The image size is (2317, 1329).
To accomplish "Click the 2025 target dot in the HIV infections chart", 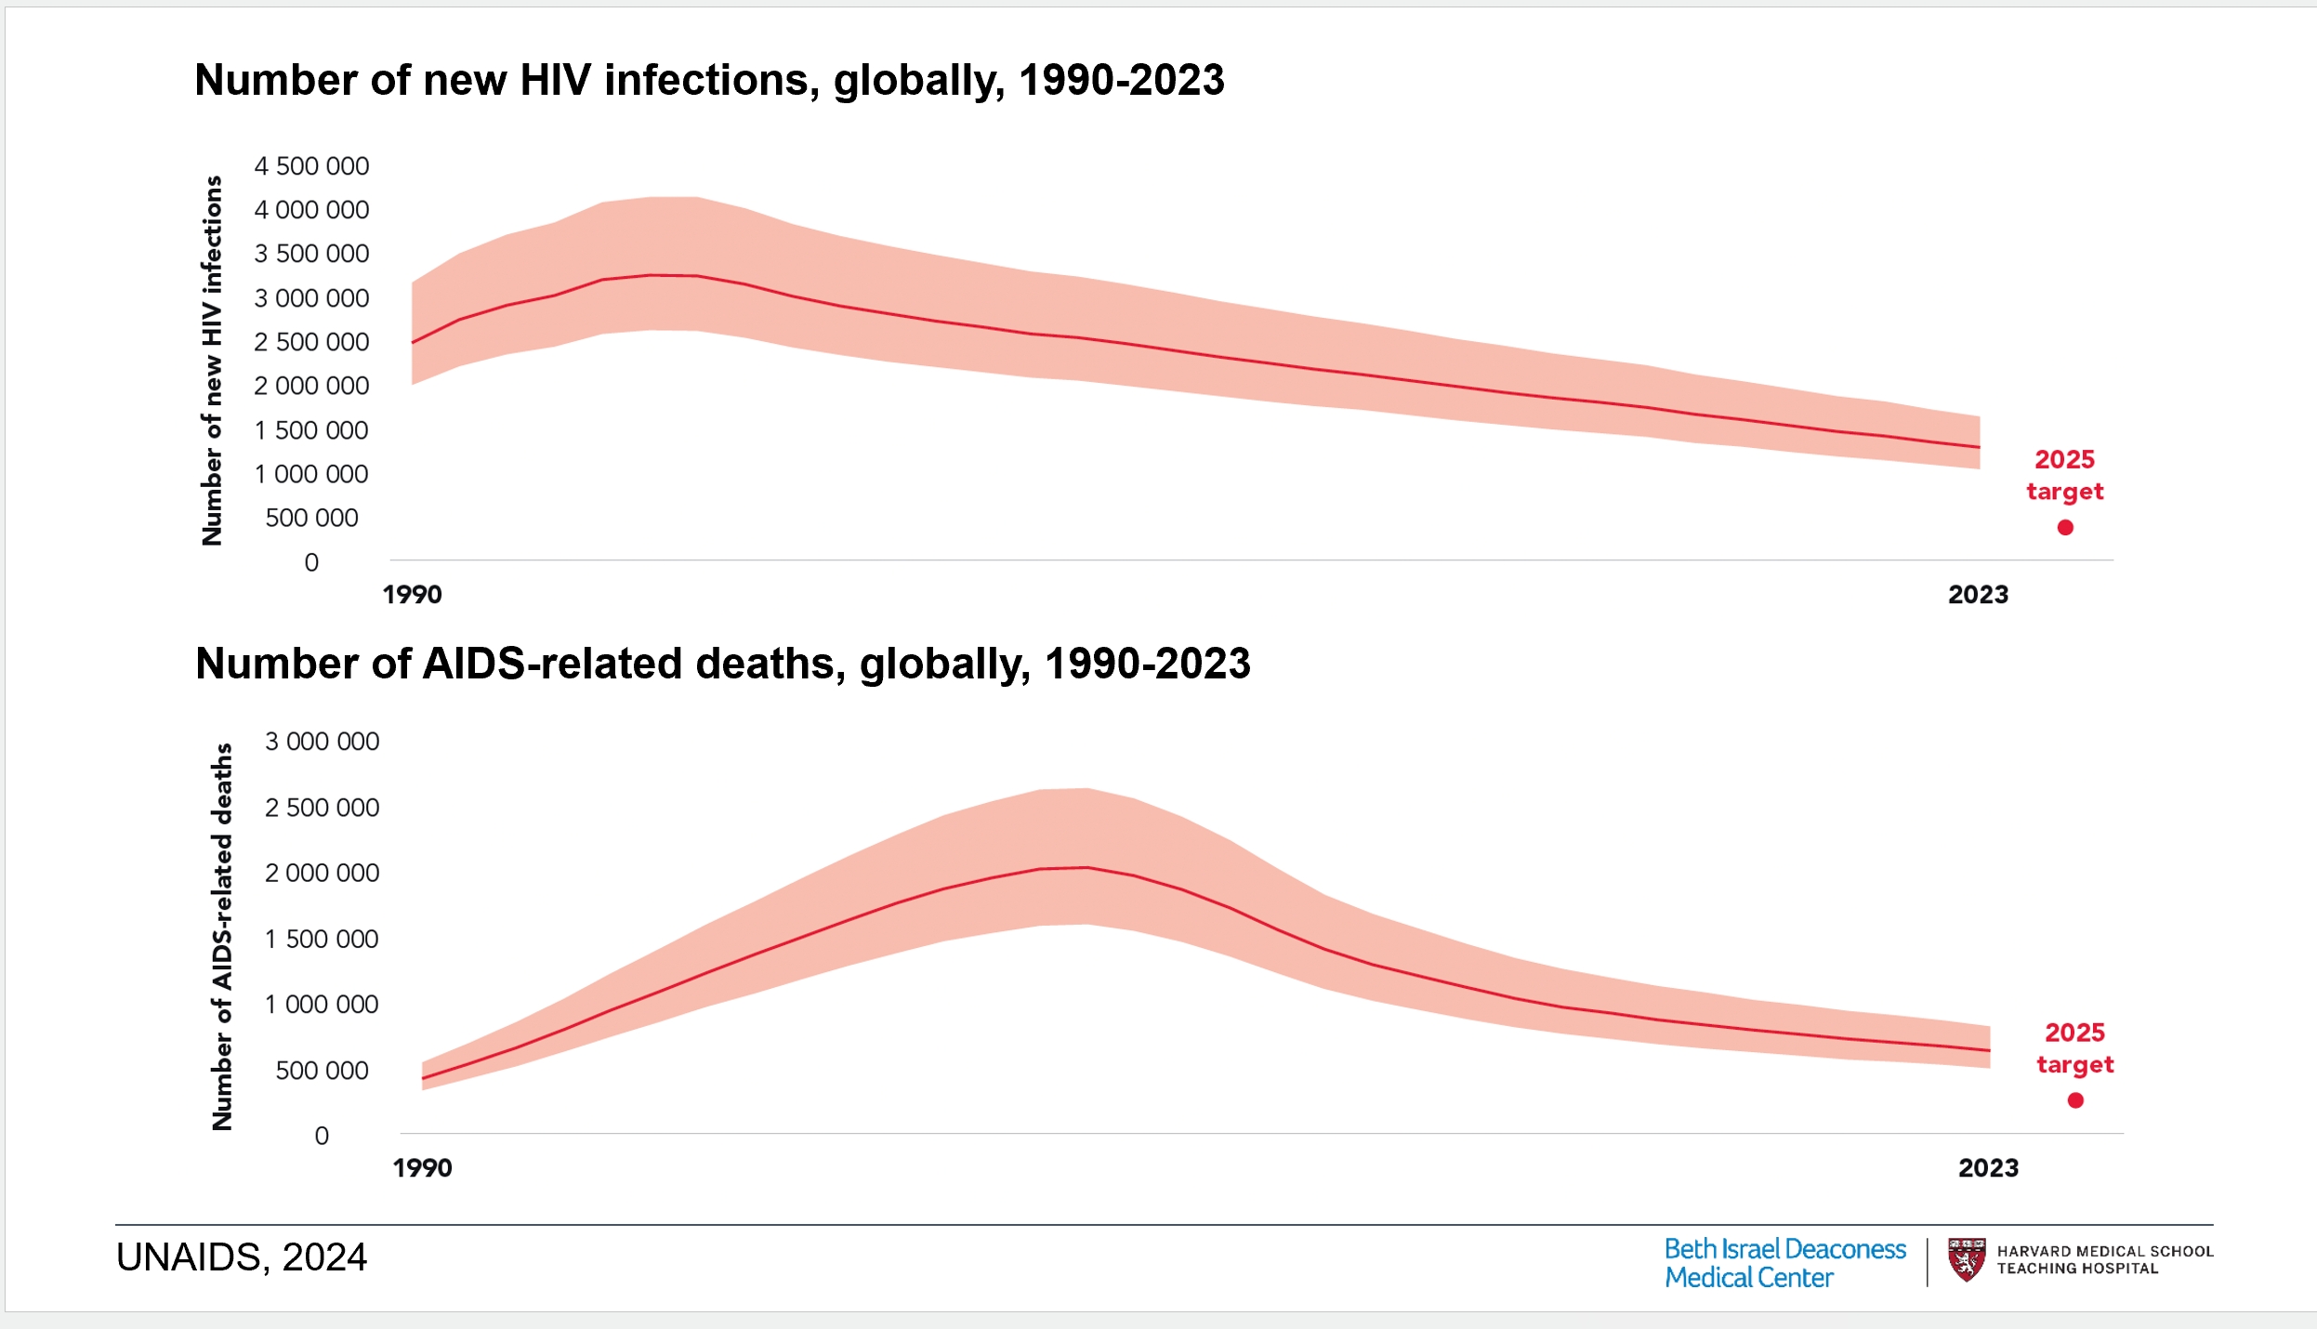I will pyautogui.click(x=2065, y=528).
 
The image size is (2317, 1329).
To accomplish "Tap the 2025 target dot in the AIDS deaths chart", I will pyautogui.click(x=2075, y=1100).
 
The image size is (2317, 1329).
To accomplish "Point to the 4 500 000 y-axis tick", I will pyautogui.click(x=311, y=166).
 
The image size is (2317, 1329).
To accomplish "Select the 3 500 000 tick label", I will pyautogui.click(x=311, y=254).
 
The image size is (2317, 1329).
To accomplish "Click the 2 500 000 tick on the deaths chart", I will pyautogui.click(x=322, y=808).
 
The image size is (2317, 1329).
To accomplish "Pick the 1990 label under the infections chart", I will pyautogui.click(x=412, y=595).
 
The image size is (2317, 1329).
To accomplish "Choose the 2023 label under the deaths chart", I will pyautogui.click(x=1988, y=1168).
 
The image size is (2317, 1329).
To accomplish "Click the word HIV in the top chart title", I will pyautogui.click(x=555, y=80).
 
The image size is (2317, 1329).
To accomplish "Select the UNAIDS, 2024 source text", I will pyautogui.click(x=242, y=1257).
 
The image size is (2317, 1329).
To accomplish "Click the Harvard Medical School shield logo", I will pyautogui.click(x=1966, y=1259).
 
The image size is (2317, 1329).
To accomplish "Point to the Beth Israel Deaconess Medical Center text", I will pyautogui.click(x=1784, y=1263).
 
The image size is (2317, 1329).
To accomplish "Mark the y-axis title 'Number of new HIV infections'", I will pyautogui.click(x=213, y=361).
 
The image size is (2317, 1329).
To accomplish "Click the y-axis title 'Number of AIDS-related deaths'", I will pyautogui.click(x=222, y=937).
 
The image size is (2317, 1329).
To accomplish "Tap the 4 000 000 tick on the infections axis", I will pyautogui.click(x=311, y=210).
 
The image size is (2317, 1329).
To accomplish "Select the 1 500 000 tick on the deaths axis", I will pyautogui.click(x=322, y=940).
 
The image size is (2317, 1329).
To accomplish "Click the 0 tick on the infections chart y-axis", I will pyautogui.click(x=311, y=562).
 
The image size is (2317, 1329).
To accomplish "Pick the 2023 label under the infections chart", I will pyautogui.click(x=1978, y=595).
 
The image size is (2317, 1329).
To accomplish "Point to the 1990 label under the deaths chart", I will pyautogui.click(x=422, y=1168).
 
